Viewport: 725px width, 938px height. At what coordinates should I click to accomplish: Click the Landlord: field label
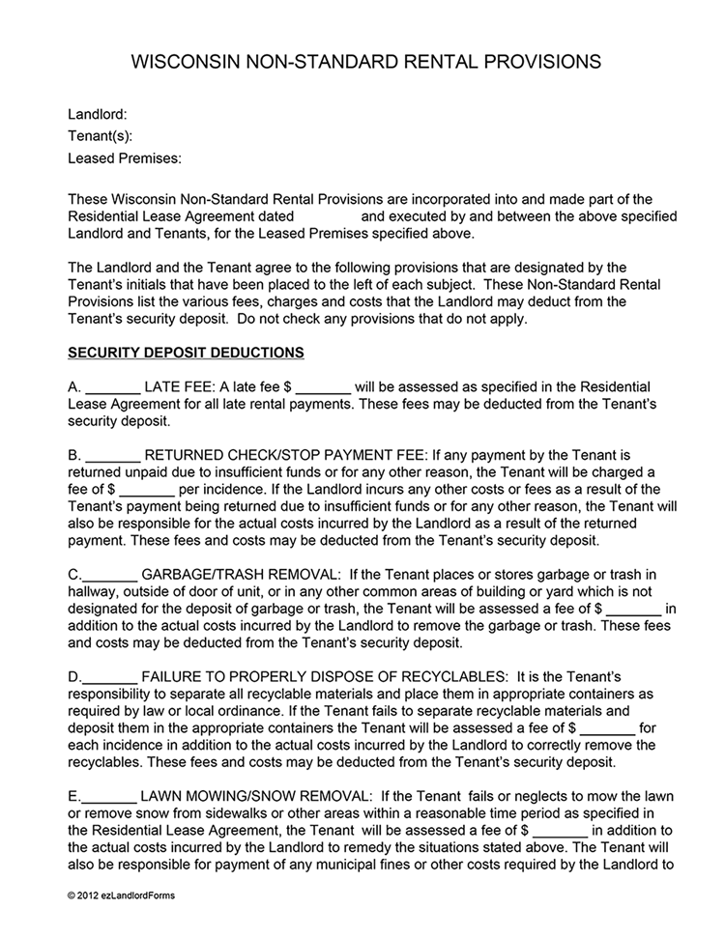click(x=98, y=114)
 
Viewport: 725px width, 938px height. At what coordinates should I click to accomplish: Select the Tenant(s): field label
click(x=101, y=135)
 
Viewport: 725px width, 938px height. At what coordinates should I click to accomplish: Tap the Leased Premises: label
click(x=125, y=157)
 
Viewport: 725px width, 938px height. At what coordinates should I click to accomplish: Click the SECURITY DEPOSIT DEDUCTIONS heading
click(x=186, y=353)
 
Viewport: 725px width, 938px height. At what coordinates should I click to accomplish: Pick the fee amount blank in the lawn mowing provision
click(x=560, y=831)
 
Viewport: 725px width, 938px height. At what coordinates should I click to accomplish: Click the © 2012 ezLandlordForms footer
click(x=122, y=895)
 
